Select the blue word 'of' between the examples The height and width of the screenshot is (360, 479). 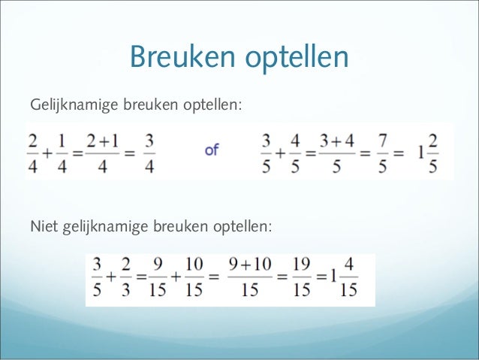(x=212, y=150)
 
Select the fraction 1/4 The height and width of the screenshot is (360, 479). (x=62, y=152)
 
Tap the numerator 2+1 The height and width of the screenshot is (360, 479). (x=101, y=141)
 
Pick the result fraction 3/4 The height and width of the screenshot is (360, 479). (x=149, y=152)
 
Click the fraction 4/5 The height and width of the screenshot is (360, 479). (x=295, y=152)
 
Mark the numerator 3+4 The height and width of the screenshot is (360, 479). (x=336, y=141)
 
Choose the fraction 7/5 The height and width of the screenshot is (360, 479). (x=383, y=152)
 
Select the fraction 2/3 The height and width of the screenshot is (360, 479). (x=126, y=278)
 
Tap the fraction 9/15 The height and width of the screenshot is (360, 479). (x=158, y=278)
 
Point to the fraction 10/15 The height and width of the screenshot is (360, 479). (x=194, y=278)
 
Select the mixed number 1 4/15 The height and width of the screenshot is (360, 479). (x=342, y=278)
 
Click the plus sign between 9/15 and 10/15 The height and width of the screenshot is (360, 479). (x=176, y=278)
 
